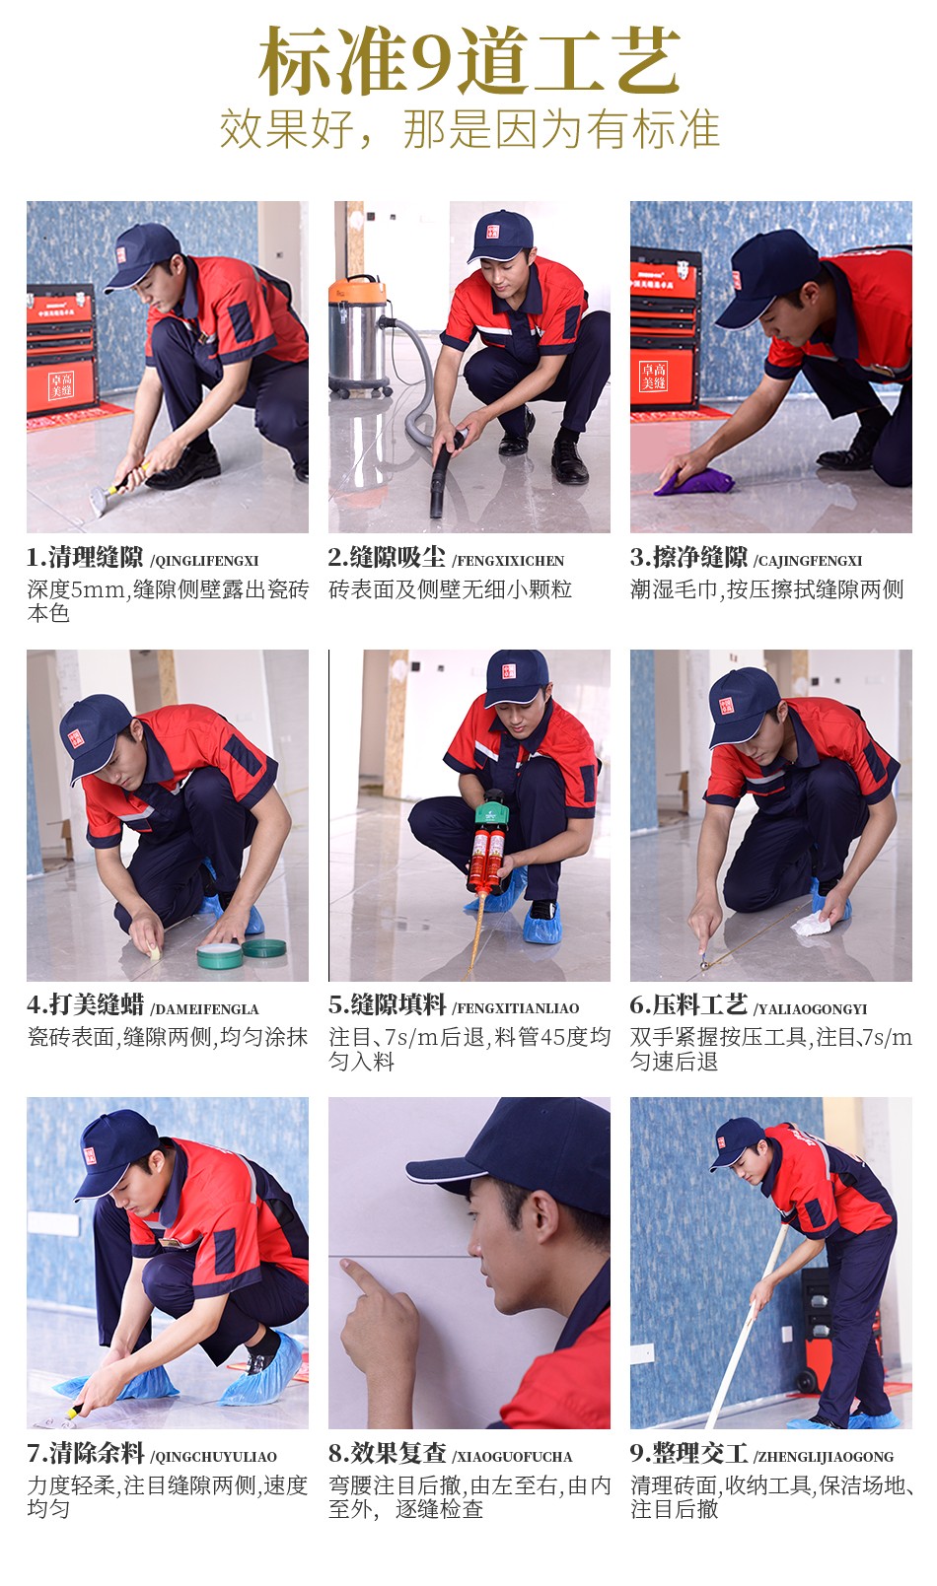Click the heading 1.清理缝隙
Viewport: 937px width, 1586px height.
85,558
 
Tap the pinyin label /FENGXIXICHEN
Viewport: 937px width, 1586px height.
508,561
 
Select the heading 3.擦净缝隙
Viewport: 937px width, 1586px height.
688,558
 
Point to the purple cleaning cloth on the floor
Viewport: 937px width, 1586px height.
693,481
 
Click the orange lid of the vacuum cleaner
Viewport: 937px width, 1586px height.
357,291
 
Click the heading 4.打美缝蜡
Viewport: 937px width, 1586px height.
85,1005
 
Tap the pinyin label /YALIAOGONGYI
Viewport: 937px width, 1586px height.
810,1009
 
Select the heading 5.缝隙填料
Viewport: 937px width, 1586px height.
387,1005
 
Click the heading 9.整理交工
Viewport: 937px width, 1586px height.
688,1453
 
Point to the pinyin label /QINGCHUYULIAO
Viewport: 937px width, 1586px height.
213,1457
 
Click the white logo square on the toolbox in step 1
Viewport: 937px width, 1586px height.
61,385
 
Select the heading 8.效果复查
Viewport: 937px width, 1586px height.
387,1453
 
